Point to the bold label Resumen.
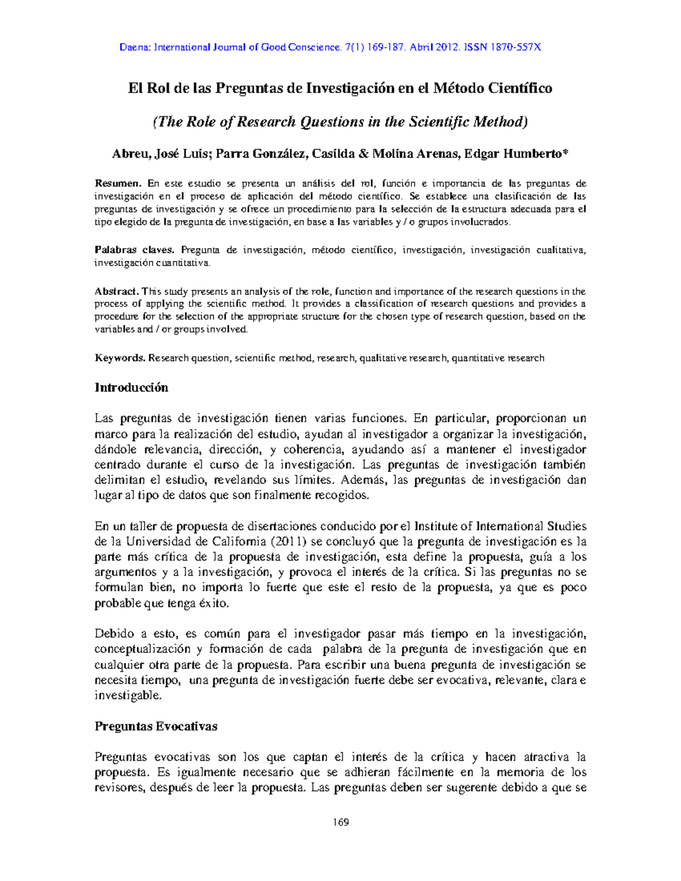(118, 183)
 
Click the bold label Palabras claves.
(135, 250)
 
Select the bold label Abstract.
(116, 292)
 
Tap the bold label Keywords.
(120, 358)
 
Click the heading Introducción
(131, 388)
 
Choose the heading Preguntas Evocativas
(155, 727)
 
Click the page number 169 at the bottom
(340, 823)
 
